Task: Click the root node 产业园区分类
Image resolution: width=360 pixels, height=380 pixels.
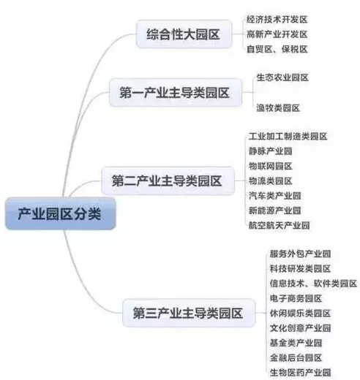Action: click(x=60, y=213)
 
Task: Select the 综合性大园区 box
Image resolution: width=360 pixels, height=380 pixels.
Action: click(x=184, y=34)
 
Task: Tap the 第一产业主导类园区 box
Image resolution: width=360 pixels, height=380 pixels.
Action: click(x=175, y=93)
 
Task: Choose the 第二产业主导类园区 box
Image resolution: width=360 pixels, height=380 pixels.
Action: click(x=168, y=180)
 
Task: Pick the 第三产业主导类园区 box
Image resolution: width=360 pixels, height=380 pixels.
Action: click(x=189, y=313)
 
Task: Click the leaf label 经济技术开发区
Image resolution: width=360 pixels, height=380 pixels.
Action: click(x=277, y=20)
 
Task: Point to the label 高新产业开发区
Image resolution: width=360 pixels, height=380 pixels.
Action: click(x=277, y=34)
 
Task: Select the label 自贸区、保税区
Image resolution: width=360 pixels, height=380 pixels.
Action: click(x=277, y=49)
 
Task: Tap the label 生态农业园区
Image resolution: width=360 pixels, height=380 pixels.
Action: click(x=282, y=77)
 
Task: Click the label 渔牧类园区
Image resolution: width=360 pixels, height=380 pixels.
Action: click(x=278, y=108)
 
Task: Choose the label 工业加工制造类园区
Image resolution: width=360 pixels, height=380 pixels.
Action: click(x=288, y=137)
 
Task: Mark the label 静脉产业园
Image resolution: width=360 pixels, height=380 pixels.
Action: click(x=270, y=151)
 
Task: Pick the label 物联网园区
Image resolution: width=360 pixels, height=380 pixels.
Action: click(x=270, y=166)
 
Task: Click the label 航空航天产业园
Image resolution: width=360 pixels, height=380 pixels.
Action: click(x=279, y=225)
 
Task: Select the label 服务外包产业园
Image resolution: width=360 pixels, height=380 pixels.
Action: click(x=300, y=254)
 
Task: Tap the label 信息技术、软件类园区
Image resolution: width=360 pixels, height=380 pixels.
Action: click(x=313, y=284)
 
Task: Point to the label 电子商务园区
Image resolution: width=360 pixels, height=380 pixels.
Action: click(x=296, y=298)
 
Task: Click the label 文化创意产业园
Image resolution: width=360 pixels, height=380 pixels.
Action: click(x=300, y=328)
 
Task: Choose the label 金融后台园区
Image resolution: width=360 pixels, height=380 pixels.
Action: click(x=296, y=357)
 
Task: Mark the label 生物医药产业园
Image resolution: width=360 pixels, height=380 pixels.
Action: click(x=300, y=373)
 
